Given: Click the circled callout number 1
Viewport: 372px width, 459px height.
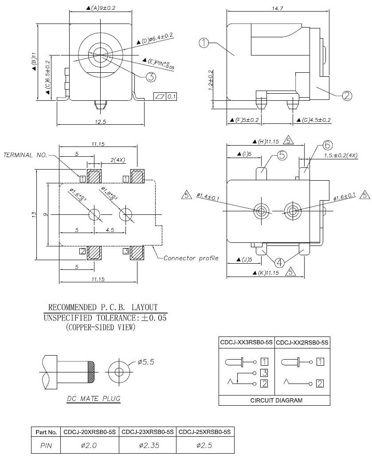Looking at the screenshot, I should click(x=204, y=43).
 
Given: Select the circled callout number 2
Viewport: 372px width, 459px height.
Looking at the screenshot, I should click(x=347, y=95).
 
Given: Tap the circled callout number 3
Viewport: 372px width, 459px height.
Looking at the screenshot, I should click(x=151, y=77).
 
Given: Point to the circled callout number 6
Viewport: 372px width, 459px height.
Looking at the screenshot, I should click(x=327, y=145).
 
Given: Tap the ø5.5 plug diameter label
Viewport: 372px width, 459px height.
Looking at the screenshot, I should click(x=145, y=362).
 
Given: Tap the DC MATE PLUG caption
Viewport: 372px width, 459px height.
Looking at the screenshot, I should click(x=94, y=399).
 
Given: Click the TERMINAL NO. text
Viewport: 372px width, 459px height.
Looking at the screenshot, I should click(x=25, y=155).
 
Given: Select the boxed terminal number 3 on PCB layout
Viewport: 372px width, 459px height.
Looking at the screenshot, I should click(x=126, y=251).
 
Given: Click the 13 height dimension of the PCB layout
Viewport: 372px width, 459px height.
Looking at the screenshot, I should click(x=34, y=214).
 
